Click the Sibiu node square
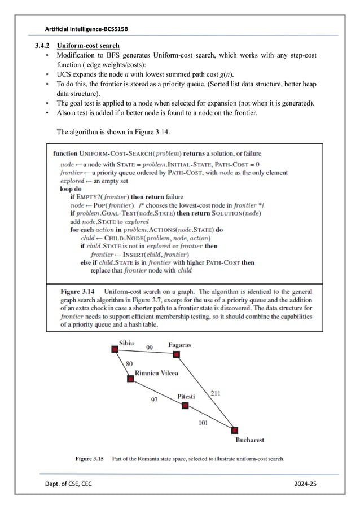click(115, 350)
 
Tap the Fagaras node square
click(176, 354)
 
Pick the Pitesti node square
click(185, 405)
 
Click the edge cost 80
click(129, 364)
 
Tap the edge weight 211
click(216, 393)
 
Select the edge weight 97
click(154, 399)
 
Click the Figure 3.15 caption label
click(90, 459)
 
